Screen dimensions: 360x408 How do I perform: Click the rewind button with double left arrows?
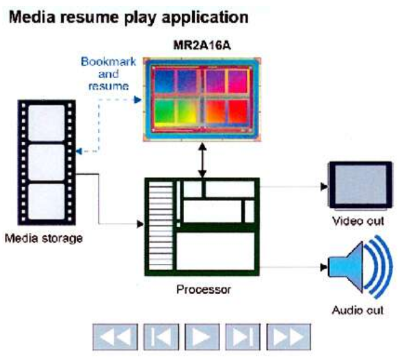coord(115,337)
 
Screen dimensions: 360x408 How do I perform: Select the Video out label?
coord(358,222)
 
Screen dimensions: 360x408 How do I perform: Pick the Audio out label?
coord(358,308)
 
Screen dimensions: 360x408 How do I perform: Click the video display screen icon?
coord(360,185)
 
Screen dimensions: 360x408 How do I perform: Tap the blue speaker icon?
coord(360,268)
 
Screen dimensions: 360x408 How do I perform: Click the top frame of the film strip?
coord(47,122)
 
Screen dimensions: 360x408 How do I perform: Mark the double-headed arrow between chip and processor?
coord(202,160)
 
